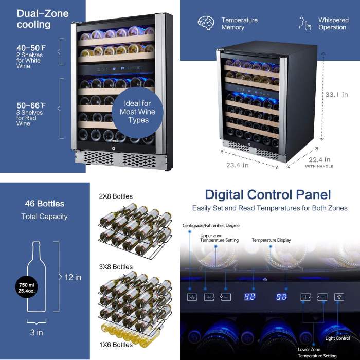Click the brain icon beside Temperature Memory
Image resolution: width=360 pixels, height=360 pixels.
tap(206, 23)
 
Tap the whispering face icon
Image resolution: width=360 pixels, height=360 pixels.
tap(305, 23)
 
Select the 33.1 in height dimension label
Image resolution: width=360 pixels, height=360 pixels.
tap(336, 94)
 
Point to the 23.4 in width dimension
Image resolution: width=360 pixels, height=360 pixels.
tap(238, 165)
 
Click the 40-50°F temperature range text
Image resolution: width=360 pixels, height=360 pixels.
tap(31, 48)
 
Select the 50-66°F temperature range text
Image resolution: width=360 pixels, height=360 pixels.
tap(31, 105)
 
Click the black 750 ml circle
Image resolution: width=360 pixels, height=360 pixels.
tap(27, 287)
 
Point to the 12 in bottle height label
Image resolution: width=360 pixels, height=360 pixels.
tap(73, 277)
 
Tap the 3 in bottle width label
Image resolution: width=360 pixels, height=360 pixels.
tap(37, 332)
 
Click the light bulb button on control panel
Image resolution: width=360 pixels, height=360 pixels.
tap(339, 297)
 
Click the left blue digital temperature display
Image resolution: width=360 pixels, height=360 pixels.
tap(249, 297)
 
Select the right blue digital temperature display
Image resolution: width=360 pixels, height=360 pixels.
tap(281, 297)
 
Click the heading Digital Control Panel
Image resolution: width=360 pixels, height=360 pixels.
tap(268, 195)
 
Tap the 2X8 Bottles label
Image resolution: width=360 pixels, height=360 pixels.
tap(116, 196)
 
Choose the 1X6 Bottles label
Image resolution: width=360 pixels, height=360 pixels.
tap(116, 345)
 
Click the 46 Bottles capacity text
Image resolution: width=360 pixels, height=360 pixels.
tap(45, 204)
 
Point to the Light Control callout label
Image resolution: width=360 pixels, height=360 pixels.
tap(337, 338)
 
